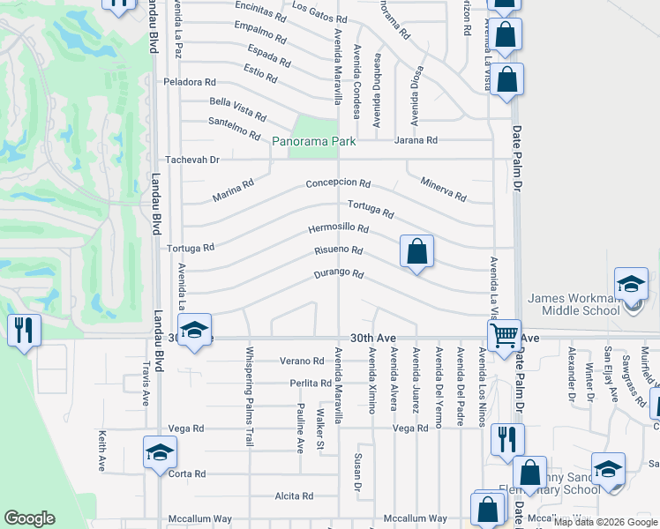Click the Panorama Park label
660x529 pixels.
tap(313, 141)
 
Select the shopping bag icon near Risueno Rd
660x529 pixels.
tap(416, 251)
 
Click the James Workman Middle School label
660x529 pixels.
tap(586, 304)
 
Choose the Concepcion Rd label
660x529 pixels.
tap(338, 183)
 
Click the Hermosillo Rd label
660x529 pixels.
tap(338, 228)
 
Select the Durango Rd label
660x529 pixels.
tap(339, 274)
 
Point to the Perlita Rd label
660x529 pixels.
tap(310, 384)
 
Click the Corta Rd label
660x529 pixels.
tap(186, 473)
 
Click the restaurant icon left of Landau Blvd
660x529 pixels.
tap(23, 331)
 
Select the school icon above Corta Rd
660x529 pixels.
tap(159, 452)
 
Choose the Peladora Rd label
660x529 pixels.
tap(190, 82)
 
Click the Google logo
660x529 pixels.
tap(29, 518)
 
